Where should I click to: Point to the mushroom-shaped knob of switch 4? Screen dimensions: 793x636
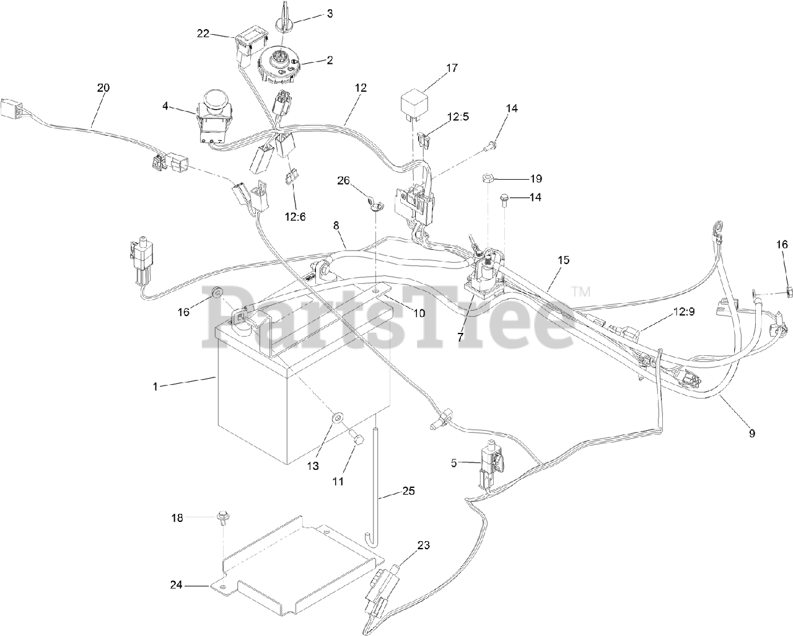(216, 100)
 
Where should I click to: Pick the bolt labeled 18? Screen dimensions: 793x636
(222, 517)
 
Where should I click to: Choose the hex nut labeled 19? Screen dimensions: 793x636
(488, 179)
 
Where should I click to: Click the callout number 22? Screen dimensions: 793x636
(203, 33)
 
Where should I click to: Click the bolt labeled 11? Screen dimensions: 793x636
(355, 437)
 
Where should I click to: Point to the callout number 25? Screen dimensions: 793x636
(408, 491)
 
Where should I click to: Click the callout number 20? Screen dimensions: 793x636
(103, 88)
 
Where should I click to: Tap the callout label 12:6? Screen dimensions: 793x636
(295, 217)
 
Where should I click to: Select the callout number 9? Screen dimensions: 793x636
(752, 433)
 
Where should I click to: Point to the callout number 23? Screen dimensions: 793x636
(423, 545)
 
